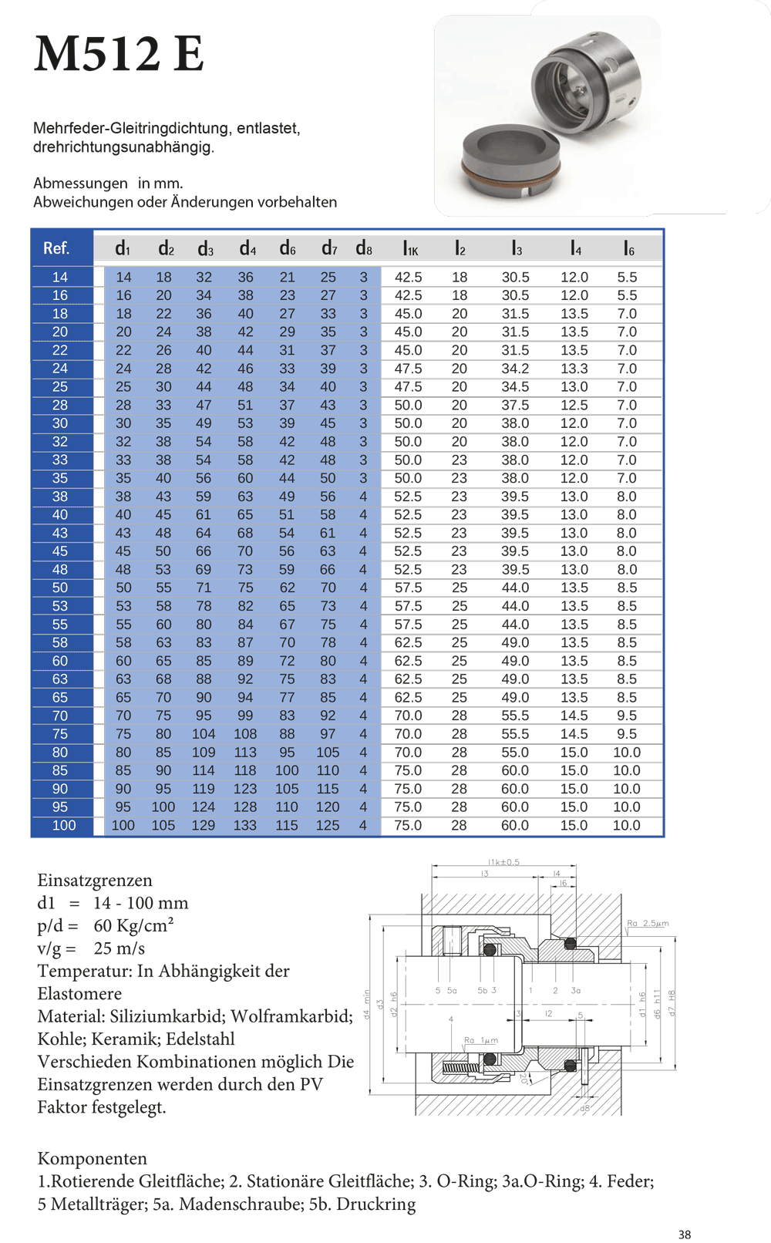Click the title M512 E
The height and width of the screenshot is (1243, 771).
(119, 54)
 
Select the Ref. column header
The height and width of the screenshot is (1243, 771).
(56, 248)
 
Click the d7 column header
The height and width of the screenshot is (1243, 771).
(329, 248)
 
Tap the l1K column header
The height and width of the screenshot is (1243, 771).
(410, 248)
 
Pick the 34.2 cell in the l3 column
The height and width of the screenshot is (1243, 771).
(515, 369)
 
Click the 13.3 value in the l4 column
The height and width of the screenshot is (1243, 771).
(574, 369)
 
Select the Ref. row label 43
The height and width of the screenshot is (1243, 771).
(60, 533)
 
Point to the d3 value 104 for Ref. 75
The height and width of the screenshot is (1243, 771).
(204, 734)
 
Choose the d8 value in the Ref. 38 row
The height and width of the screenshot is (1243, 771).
(363, 497)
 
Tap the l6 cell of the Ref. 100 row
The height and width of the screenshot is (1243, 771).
(626, 825)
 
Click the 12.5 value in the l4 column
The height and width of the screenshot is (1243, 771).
(574, 405)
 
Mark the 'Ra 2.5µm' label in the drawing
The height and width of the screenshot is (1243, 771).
(648, 923)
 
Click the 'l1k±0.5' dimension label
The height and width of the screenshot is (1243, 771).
(503, 862)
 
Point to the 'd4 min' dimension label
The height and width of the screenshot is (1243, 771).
(367, 1005)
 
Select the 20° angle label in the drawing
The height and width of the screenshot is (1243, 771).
(524, 1078)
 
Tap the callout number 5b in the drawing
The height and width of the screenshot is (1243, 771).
(482, 990)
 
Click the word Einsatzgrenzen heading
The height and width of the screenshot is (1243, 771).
(95, 881)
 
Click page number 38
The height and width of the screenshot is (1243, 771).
(685, 1235)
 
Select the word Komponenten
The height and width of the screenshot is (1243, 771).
(93, 1158)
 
